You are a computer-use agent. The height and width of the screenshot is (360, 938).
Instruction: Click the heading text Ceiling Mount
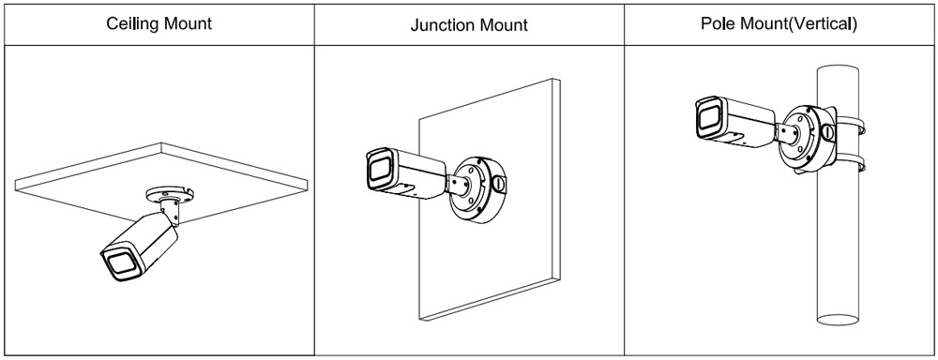pos(159,24)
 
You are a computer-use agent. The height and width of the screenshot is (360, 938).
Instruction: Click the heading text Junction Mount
pos(469,25)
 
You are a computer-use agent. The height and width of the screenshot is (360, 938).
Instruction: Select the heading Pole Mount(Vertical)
pos(779,24)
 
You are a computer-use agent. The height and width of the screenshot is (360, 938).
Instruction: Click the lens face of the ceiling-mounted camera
pos(121,263)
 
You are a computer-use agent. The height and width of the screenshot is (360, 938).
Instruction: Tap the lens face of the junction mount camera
pos(379,171)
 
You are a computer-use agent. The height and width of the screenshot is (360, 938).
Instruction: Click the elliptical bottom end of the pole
pos(838,320)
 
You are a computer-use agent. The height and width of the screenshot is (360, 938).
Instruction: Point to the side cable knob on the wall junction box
pos(497,183)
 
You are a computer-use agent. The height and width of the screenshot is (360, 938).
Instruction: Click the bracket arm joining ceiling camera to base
pos(169,213)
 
